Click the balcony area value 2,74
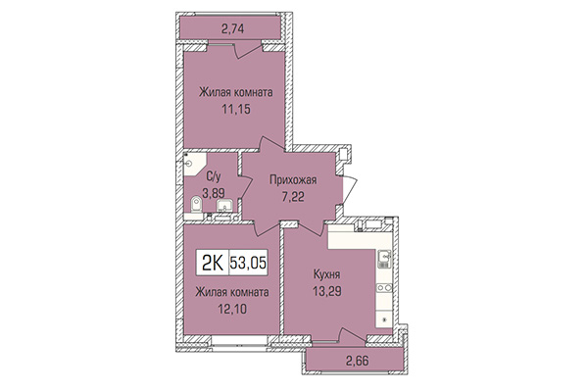coord(232,29)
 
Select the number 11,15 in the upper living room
coord(234,110)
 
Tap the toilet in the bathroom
coord(197,205)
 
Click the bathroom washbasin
coord(224,206)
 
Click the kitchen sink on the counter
coord(385,260)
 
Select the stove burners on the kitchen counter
coord(385,292)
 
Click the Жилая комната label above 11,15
coord(234,93)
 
